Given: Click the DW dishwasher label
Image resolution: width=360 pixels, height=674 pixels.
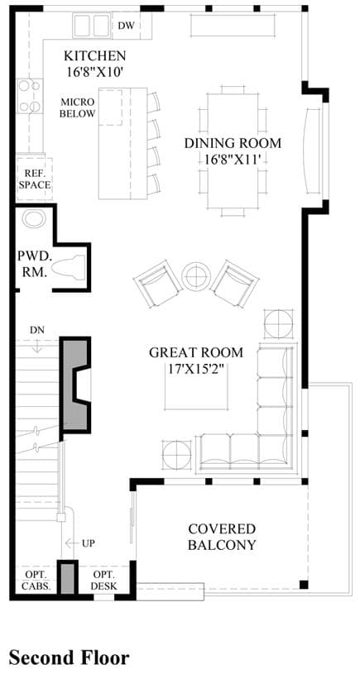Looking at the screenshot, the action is coord(127,26).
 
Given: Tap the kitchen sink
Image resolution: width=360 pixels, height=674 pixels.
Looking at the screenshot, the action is coord(91,26).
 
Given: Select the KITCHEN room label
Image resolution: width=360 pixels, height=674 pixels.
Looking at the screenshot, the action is coord(94,56).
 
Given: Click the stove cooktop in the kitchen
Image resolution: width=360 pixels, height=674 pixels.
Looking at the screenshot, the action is coord(30,96).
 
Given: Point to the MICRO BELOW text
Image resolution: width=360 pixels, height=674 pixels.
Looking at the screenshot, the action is coord(78,108).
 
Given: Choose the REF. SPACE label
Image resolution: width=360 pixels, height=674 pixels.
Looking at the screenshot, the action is coord(35,179).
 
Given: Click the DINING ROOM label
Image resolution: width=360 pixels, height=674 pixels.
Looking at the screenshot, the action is coord(233,143).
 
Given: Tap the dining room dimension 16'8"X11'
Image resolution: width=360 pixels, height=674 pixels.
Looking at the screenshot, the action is coord(233,160).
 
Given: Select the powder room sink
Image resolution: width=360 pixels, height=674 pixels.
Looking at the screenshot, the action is coord(34,218).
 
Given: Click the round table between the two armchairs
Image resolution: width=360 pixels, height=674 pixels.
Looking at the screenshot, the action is coord(197,276).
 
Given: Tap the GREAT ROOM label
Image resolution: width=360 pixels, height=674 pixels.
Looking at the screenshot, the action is coord(196,353).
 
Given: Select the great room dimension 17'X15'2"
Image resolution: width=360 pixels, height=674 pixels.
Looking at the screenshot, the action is coord(196,369).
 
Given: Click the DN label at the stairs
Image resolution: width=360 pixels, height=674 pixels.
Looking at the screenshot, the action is coord(37,330).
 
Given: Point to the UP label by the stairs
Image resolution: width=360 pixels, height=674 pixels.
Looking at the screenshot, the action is coord(89,543).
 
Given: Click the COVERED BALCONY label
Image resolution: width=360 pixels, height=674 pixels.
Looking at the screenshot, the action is coord(222,537).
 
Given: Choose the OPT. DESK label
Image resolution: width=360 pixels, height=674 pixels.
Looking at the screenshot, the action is coord(104,581).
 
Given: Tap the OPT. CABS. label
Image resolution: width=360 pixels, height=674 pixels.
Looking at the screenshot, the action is coord(36,581).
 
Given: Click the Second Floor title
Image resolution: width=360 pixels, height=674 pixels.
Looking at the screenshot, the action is coord(69,657).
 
